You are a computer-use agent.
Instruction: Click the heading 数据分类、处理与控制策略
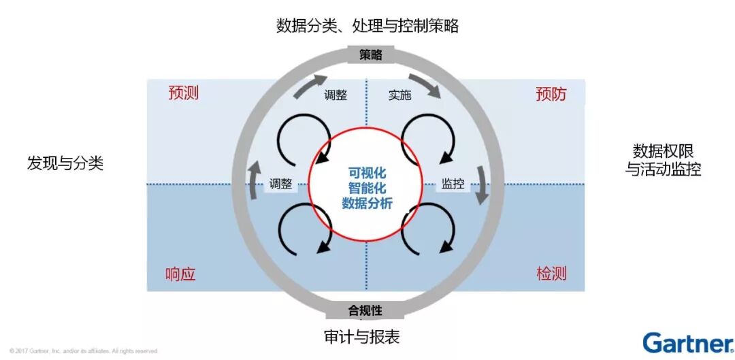(x=367, y=27)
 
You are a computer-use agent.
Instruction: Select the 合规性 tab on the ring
(x=365, y=311)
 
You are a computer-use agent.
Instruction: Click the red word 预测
(x=183, y=93)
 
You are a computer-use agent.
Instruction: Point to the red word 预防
(x=551, y=94)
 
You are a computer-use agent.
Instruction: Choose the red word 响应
(x=180, y=274)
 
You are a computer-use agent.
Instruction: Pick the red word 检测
(x=551, y=274)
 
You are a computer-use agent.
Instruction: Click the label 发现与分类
(x=65, y=163)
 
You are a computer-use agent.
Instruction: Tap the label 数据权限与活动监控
(x=663, y=159)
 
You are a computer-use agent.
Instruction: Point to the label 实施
(x=399, y=95)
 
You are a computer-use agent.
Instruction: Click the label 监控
(x=453, y=183)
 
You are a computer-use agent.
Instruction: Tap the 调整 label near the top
(x=336, y=95)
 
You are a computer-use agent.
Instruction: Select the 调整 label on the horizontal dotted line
(x=280, y=183)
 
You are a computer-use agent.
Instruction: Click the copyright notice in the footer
(x=84, y=351)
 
